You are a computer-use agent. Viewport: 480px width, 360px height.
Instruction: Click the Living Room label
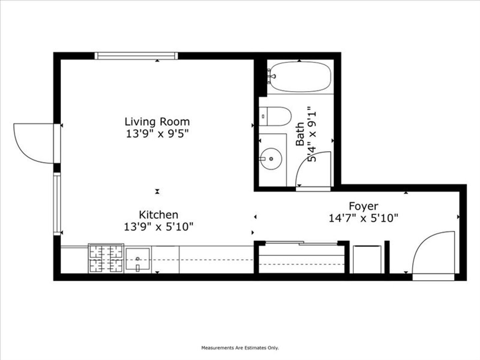point(157,122)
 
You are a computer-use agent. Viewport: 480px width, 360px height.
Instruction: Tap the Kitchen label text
point(159,215)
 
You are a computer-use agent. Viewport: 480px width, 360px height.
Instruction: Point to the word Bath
point(300,134)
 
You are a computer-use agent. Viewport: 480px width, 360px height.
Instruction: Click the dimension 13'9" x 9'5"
point(157,134)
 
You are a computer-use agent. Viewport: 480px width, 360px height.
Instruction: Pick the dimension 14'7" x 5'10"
point(363,218)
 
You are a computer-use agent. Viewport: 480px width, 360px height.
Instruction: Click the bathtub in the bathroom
point(299,77)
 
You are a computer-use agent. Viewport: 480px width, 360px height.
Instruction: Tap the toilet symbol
point(275,116)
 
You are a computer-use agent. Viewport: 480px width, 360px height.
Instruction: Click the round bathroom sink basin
point(271,159)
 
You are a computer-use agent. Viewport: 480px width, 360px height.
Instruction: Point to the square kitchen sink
point(138,259)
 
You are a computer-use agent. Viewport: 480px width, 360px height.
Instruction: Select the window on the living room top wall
point(136,56)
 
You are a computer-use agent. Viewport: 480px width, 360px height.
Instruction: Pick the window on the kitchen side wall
point(57,204)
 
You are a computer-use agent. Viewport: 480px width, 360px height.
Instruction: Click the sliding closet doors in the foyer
point(301,243)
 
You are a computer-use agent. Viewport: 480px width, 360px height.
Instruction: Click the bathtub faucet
point(271,76)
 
